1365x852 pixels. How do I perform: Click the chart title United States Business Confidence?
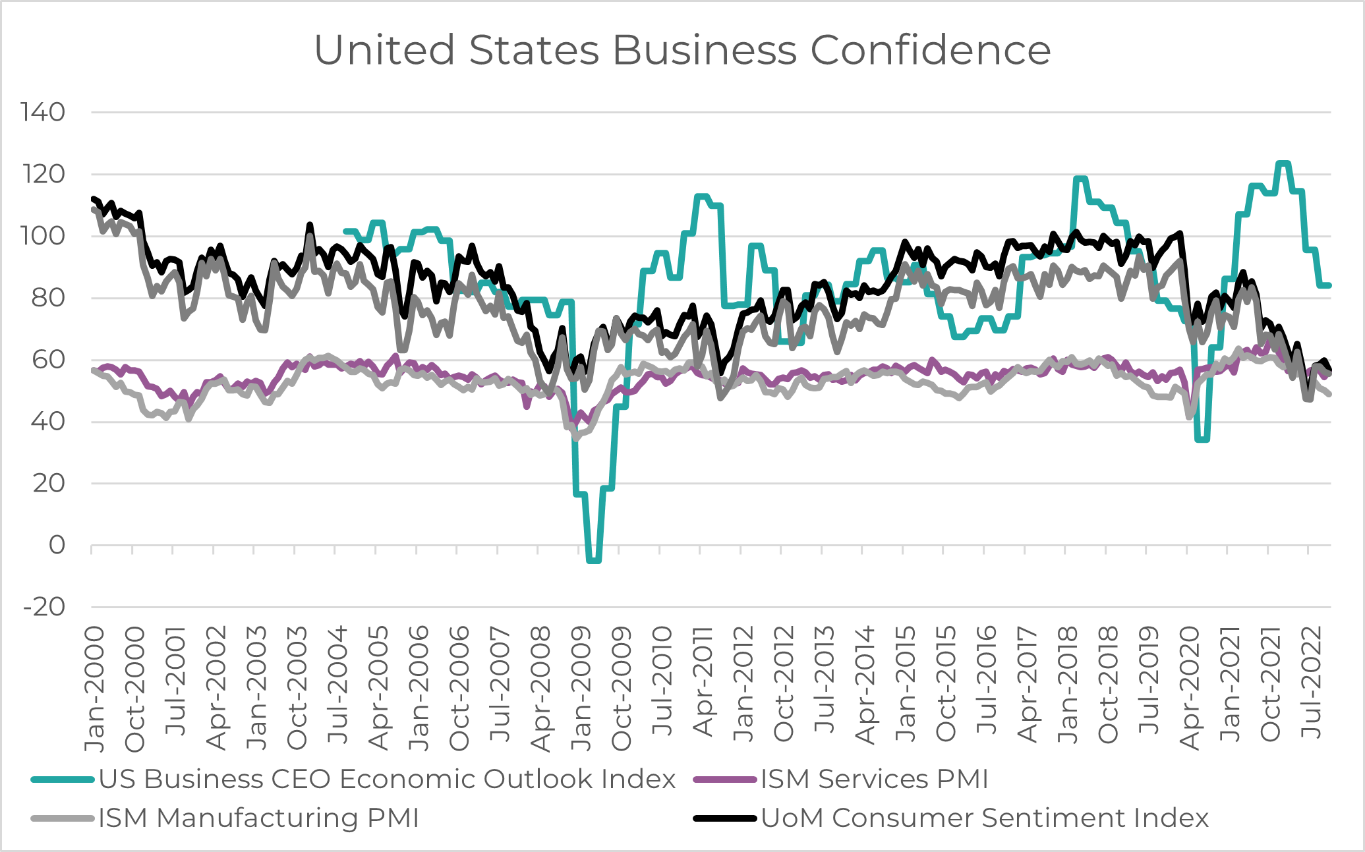[682, 49]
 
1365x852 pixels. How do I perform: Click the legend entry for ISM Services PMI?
[874, 779]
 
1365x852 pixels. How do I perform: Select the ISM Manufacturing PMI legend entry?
[258, 818]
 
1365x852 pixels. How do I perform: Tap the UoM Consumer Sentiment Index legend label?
[985, 818]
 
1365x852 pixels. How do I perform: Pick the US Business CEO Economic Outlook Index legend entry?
[387, 779]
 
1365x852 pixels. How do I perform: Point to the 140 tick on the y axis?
[43, 112]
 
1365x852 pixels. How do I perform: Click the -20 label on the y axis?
[44, 607]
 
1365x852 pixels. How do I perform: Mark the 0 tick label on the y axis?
[57, 545]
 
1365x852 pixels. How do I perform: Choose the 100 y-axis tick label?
[43, 236]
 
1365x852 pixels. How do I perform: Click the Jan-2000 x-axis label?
[95, 689]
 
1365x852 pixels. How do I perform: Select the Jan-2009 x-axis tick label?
[581, 689]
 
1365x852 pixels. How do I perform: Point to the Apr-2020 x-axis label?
[1190, 689]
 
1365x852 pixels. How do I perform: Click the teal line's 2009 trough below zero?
[593, 560]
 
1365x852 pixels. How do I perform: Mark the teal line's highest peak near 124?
[1283, 163]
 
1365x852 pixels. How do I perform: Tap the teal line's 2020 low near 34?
[1202, 439]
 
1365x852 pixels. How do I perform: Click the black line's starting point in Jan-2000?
[92, 198]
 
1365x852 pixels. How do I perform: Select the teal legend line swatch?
[63, 780]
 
